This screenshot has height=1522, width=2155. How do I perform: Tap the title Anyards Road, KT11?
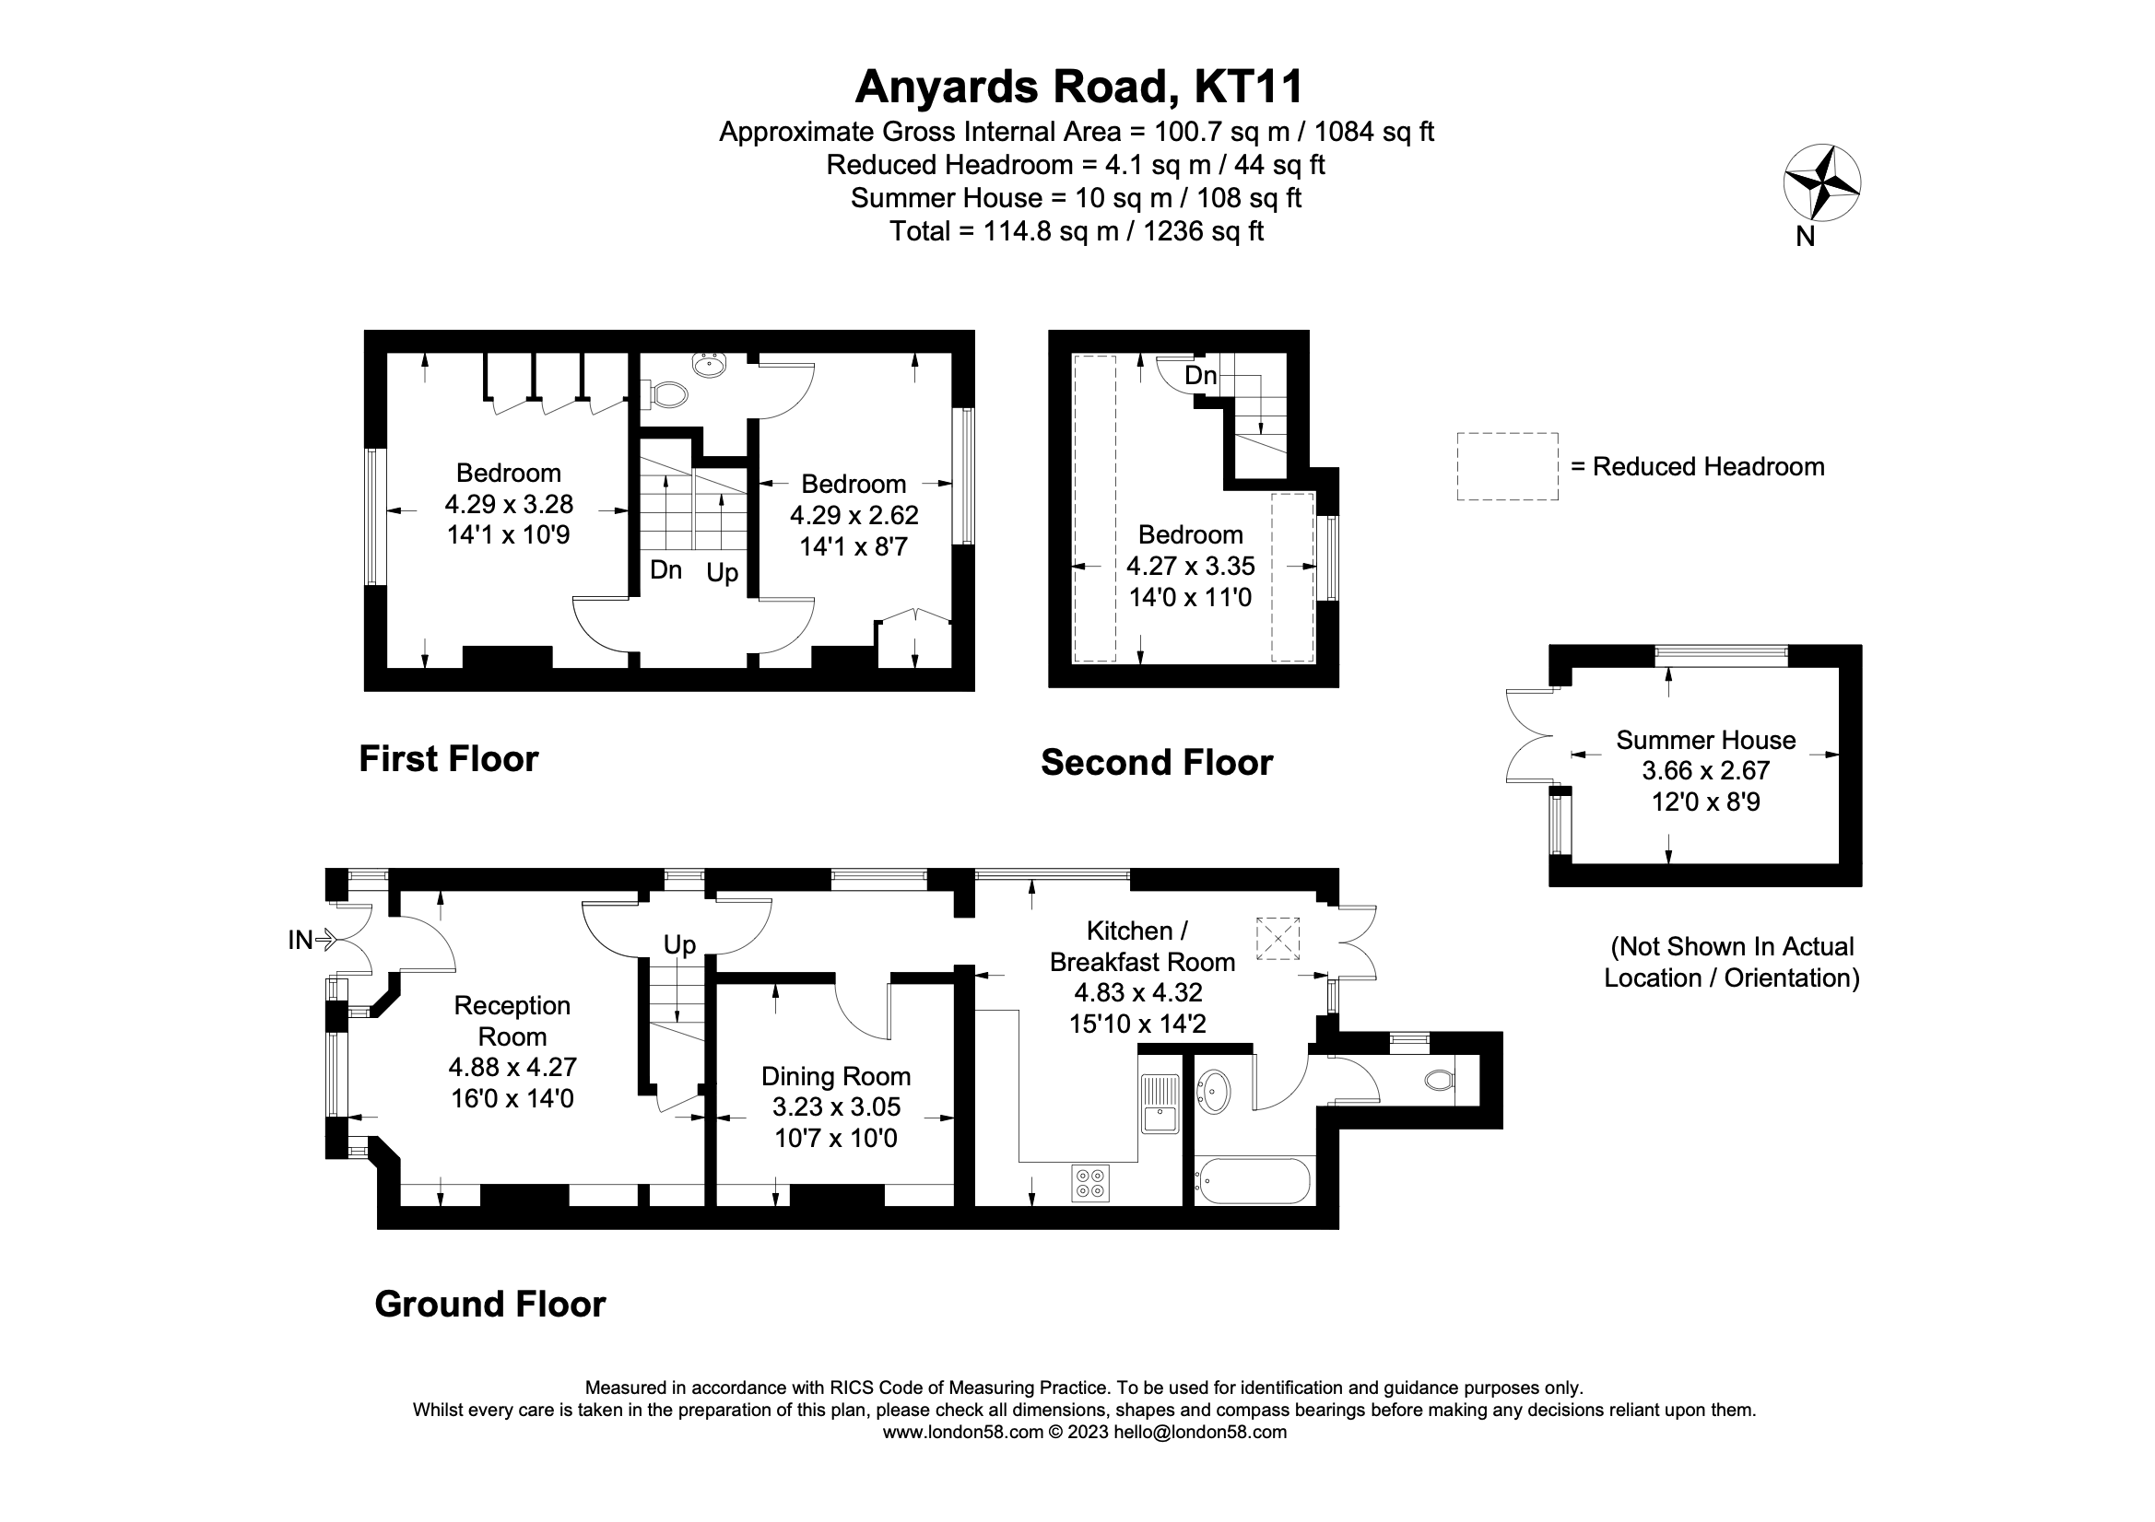(x=1078, y=88)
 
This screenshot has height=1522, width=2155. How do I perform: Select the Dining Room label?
(x=835, y=1076)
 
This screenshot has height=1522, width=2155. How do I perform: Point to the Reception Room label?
(x=512, y=1021)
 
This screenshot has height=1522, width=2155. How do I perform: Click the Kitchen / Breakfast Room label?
(x=1141, y=946)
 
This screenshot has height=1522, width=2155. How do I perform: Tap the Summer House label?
(x=1705, y=740)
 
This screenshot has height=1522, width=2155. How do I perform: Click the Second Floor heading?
(x=1157, y=762)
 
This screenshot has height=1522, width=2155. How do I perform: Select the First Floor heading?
(x=449, y=758)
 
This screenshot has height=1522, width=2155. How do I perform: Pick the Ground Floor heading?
(x=490, y=1304)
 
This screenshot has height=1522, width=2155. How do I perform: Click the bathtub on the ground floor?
(x=1252, y=1181)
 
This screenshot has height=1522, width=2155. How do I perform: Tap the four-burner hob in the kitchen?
(x=1089, y=1182)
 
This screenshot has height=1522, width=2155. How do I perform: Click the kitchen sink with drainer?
(x=1161, y=1104)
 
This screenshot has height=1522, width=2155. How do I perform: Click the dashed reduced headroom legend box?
(x=1507, y=465)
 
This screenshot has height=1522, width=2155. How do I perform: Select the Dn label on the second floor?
(x=1200, y=375)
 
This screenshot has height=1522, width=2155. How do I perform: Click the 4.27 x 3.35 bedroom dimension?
(x=1190, y=566)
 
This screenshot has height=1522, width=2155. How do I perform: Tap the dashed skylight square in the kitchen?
(x=1278, y=938)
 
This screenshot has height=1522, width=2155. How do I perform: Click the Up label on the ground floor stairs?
(x=679, y=944)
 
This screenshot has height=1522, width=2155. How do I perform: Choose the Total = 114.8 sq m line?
(x=1077, y=231)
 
